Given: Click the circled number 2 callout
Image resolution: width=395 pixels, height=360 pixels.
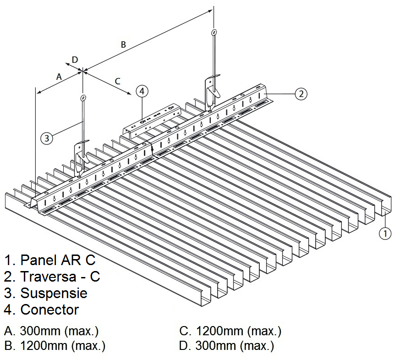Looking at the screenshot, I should click(x=300, y=94).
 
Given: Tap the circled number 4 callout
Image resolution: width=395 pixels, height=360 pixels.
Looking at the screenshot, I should click(x=142, y=91).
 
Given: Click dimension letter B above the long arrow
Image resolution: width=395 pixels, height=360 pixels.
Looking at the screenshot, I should click(x=123, y=44).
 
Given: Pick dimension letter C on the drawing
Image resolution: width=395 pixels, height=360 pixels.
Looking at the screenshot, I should click(x=117, y=81).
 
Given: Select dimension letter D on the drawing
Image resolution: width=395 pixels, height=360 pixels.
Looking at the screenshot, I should click(x=75, y=60).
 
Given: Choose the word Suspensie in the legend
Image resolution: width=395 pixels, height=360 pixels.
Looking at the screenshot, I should click(x=54, y=293).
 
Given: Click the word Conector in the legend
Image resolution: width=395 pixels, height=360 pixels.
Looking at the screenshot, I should click(x=49, y=310).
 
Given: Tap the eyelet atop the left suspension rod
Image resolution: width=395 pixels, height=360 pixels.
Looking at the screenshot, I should click(x=82, y=98).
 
